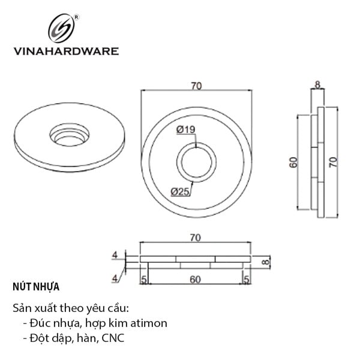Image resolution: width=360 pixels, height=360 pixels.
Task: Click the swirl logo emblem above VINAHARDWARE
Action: [61, 28]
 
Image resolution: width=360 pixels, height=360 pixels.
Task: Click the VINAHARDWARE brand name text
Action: [66, 51]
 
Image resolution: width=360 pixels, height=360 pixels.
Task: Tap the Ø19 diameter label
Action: [186, 130]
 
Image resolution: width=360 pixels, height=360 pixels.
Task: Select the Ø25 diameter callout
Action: [180, 191]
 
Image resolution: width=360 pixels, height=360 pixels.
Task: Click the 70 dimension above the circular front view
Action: [196, 86]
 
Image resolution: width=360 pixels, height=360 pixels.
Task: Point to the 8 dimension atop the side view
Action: [317, 85]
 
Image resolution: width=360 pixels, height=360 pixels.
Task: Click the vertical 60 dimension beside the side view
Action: [293, 163]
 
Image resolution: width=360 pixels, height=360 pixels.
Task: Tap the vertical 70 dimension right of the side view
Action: [334, 162]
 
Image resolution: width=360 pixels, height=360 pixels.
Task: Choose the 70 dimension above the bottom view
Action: [196, 238]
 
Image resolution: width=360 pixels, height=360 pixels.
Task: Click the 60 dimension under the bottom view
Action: [196, 280]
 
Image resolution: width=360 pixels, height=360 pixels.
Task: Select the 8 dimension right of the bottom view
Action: [265, 262]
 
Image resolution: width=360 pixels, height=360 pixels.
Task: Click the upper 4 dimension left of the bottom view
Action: [115, 255]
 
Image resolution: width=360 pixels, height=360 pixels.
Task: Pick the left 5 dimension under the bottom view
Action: [144, 280]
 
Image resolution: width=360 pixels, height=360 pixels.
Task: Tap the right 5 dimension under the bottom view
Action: [247, 280]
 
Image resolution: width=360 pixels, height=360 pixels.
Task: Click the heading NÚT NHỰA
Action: [36, 287]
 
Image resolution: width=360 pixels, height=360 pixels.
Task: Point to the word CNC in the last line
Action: [113, 338]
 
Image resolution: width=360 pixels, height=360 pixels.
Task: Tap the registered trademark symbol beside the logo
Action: [77, 17]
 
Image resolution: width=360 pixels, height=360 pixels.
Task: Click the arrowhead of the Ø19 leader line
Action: [196, 146]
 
